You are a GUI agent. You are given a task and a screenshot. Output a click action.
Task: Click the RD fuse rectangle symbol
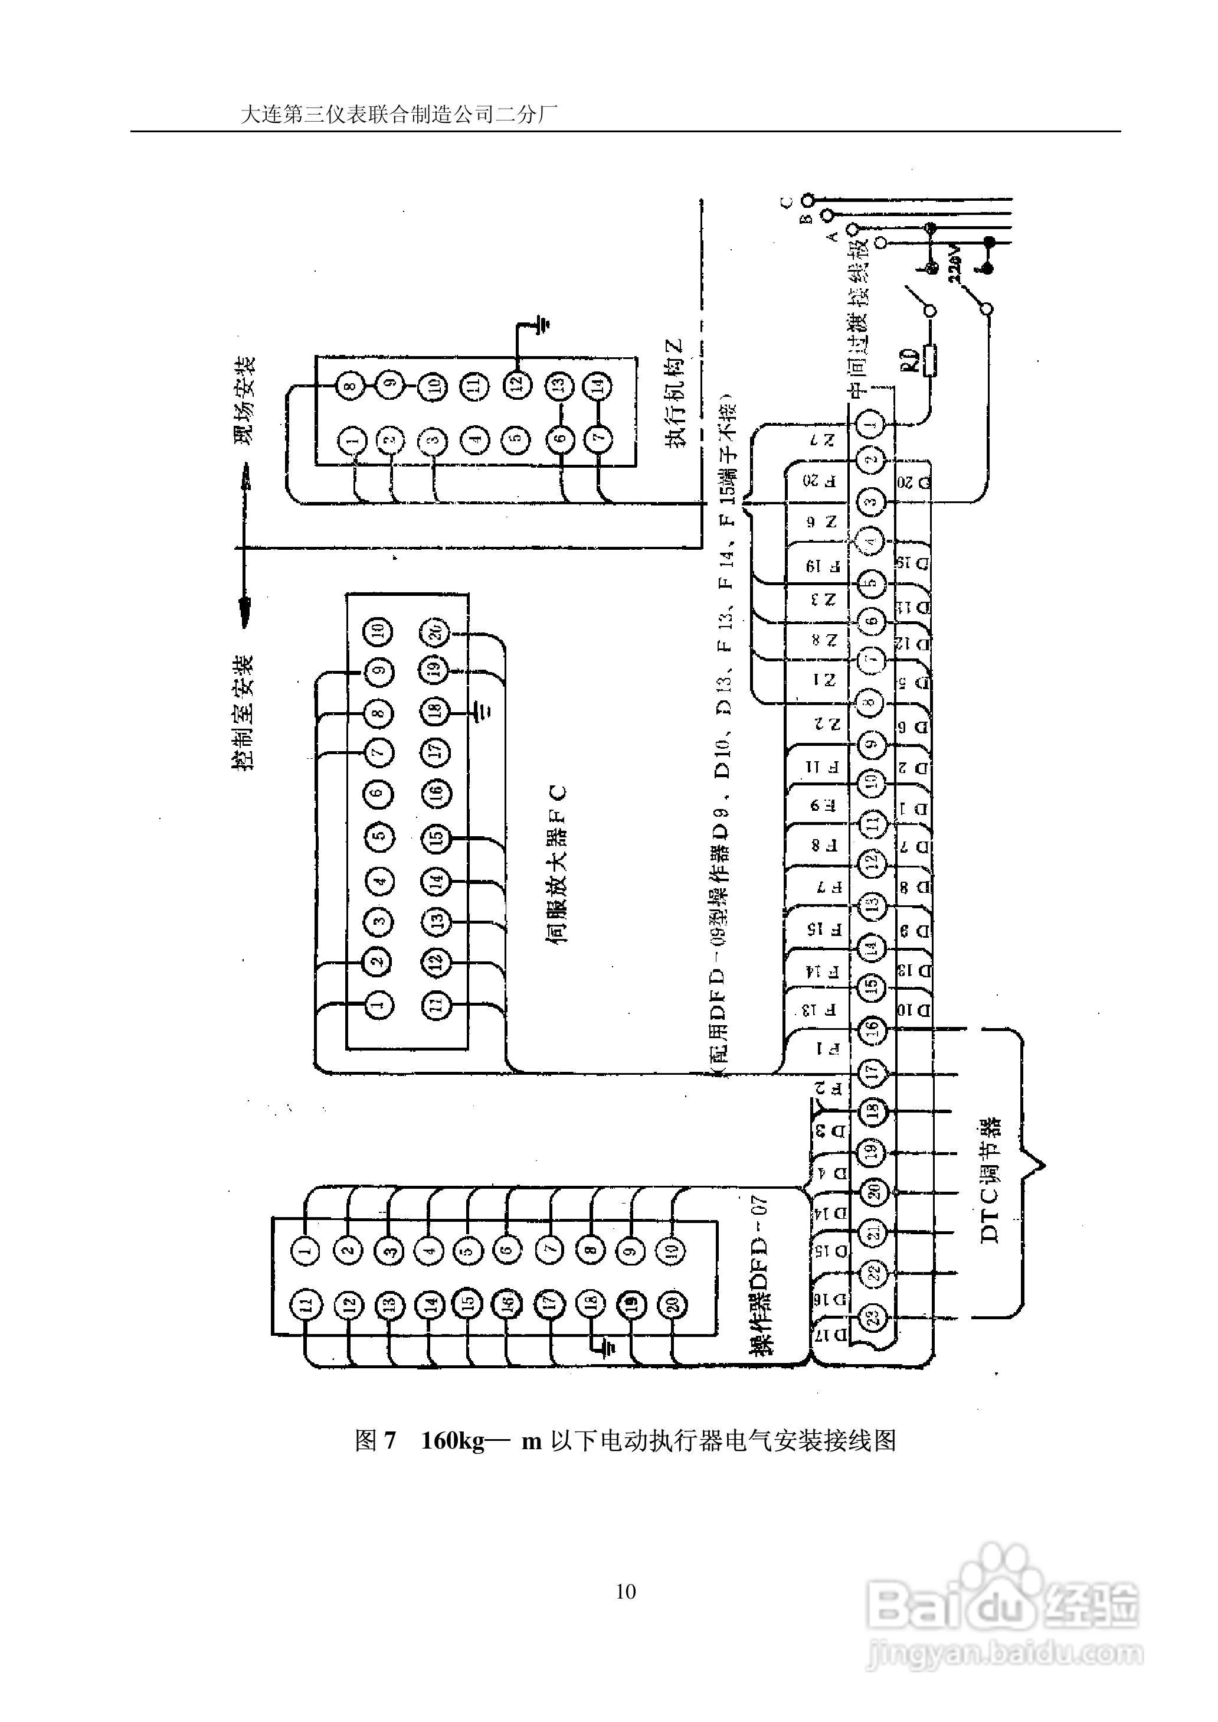tap(931, 360)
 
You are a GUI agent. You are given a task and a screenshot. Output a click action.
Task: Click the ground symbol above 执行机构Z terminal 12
tap(539, 325)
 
